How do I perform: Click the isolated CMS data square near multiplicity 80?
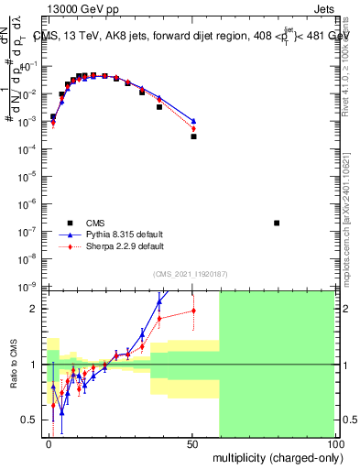pyautogui.click(x=277, y=223)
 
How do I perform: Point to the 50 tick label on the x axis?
pyautogui.click(x=191, y=443)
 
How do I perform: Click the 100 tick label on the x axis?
pyautogui.click(x=333, y=443)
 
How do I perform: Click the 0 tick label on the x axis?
pyautogui.click(x=49, y=443)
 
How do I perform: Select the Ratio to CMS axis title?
pyautogui.click(x=16, y=364)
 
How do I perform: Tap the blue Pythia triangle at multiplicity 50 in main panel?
pyautogui.click(x=193, y=121)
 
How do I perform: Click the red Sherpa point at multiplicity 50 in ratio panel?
pyautogui.click(x=193, y=311)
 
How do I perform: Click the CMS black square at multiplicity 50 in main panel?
pyautogui.click(x=193, y=136)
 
